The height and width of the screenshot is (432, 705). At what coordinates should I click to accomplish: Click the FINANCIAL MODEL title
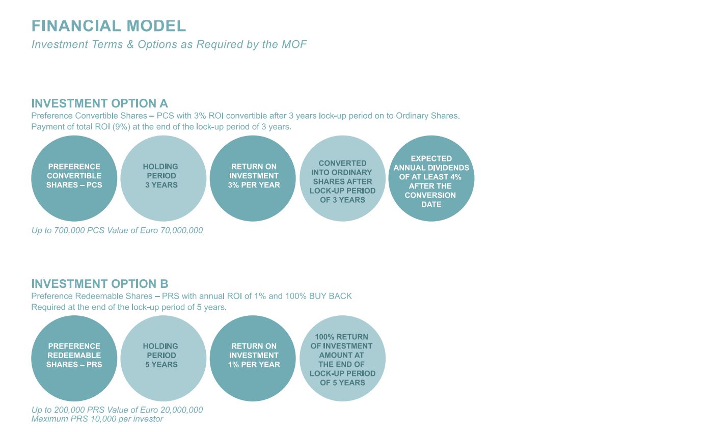pos(109,26)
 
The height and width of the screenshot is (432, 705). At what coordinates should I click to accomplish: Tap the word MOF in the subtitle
pos(294,44)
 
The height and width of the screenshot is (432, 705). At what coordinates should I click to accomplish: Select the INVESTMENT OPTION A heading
pos(99,103)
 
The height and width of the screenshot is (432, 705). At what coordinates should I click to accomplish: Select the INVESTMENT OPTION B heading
pos(100,284)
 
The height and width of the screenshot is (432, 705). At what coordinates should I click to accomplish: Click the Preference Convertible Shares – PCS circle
pos(74,178)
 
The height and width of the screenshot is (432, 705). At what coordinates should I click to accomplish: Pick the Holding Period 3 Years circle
pos(164,178)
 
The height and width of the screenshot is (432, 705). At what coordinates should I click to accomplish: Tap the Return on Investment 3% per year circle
pos(253,178)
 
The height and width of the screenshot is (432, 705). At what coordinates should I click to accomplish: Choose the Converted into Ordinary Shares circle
pos(342,178)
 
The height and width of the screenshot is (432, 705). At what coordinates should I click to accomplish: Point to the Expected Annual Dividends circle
pos(431,178)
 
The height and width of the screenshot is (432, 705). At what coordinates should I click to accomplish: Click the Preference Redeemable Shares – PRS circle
pos(74,358)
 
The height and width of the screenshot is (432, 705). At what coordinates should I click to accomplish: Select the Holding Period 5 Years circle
pos(164,358)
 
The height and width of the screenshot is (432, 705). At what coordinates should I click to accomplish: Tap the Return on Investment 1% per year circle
pos(253,358)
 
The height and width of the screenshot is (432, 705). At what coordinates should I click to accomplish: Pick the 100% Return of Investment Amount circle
pos(342,358)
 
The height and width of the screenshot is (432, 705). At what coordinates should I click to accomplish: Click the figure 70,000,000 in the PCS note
pos(182,230)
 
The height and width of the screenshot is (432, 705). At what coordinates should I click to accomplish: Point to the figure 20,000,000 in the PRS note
pos(182,410)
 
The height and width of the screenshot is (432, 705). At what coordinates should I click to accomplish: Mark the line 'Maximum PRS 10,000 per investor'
pos(97,419)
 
